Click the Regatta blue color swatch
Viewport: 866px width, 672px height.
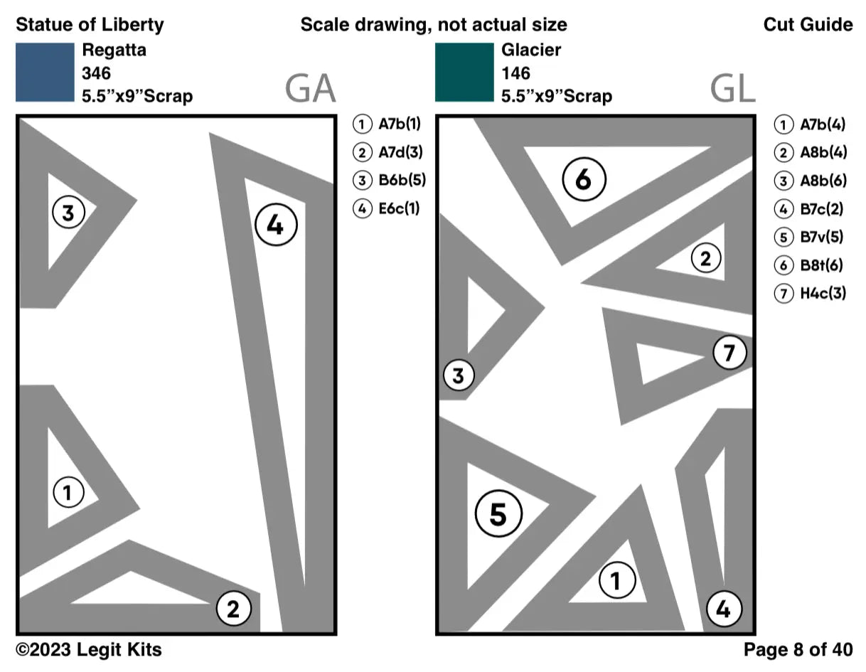[45, 72]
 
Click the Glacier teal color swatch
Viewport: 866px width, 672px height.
[464, 72]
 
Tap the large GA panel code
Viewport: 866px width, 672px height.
[310, 89]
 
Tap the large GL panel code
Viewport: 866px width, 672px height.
[732, 89]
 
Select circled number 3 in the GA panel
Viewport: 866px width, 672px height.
[68, 212]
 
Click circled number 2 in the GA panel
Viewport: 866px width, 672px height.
[233, 609]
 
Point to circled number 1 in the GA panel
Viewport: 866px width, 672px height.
[68, 492]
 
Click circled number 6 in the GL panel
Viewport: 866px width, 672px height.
[584, 180]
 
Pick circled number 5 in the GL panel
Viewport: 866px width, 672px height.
[498, 514]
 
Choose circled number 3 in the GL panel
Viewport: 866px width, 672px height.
[459, 375]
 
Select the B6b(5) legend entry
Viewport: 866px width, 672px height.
[390, 181]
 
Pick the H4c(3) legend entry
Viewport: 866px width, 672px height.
[811, 293]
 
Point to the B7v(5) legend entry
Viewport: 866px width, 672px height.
[811, 237]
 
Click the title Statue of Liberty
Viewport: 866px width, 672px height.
[90, 25]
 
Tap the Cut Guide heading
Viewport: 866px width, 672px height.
[808, 25]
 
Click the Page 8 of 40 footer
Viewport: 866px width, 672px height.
[798, 649]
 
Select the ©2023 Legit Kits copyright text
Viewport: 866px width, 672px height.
[89, 649]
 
